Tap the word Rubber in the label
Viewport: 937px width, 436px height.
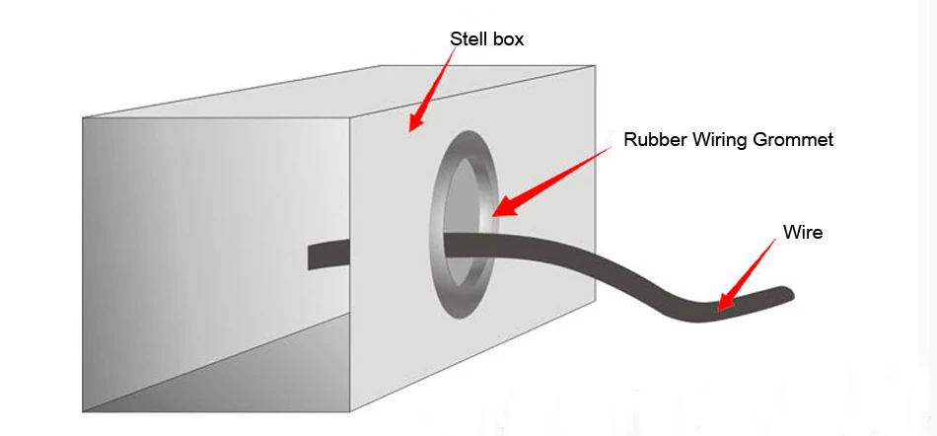(x=652, y=140)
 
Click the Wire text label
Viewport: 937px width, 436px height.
(x=802, y=233)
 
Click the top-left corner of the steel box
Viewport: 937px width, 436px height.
(x=84, y=118)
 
